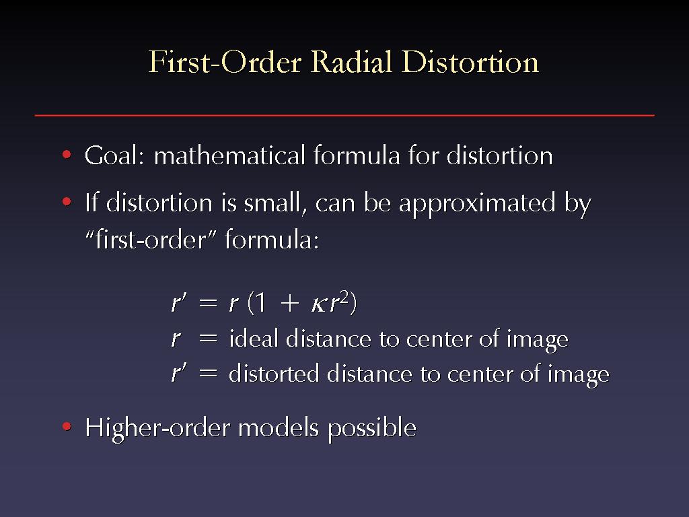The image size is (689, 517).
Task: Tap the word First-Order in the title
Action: [x=225, y=61]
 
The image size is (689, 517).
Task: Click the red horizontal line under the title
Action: [x=344, y=115]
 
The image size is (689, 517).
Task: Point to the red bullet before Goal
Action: [x=67, y=154]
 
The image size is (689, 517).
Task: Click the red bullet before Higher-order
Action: [x=67, y=426]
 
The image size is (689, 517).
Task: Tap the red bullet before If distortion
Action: [x=67, y=202]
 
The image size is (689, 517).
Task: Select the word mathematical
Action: [x=229, y=156]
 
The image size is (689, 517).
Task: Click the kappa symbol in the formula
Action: [x=318, y=304]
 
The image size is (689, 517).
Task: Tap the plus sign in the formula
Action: [x=289, y=304]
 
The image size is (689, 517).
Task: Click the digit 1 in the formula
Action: [x=260, y=303]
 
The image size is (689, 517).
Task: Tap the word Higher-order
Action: [x=157, y=427]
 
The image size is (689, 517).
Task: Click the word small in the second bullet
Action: [x=273, y=203]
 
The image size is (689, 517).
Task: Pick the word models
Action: [x=278, y=427]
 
